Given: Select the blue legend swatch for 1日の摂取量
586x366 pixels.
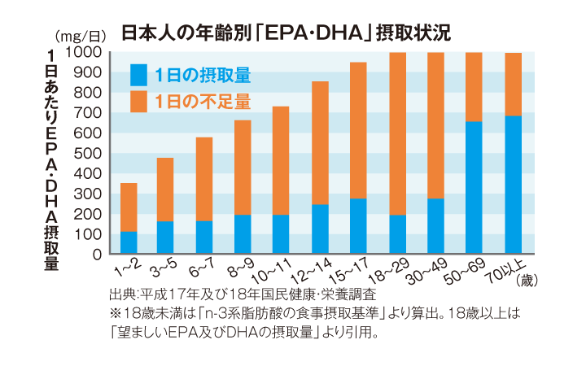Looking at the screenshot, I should coord(138,76).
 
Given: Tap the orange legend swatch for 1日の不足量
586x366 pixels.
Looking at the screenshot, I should coord(138,102).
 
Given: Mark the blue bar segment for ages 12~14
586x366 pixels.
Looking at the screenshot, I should coord(320,229).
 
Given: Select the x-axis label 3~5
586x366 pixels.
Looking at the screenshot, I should coord(163,268).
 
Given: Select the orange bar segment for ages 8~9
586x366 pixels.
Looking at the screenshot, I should coord(243,168).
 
